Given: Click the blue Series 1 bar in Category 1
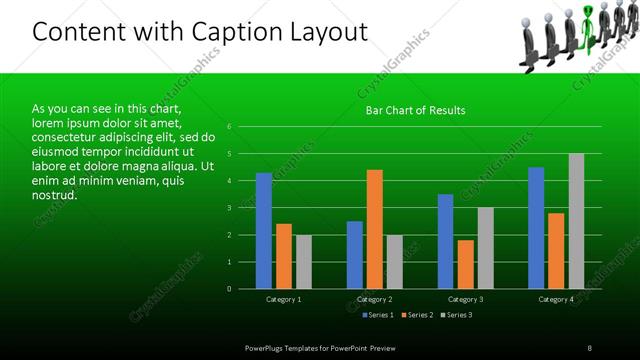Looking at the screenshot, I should (x=264, y=231).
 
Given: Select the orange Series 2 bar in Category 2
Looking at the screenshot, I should (x=375, y=229).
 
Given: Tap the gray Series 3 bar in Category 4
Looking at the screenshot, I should (x=576, y=221).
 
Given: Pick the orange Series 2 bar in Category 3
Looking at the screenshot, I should (x=465, y=264).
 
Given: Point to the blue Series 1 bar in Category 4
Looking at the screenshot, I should (x=536, y=228).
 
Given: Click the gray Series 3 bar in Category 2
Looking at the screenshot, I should (x=394, y=262).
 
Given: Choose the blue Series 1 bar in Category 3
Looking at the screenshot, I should (x=446, y=241).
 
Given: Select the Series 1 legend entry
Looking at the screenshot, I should (x=377, y=315).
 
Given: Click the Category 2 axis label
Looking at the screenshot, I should (x=375, y=299).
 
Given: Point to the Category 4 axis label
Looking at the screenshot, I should (x=556, y=299).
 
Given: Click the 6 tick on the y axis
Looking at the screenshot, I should (x=230, y=127).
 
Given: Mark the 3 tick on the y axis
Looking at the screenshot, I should (x=230, y=208).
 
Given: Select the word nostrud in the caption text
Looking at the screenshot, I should (x=54, y=195).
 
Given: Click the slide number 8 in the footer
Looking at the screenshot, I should (x=590, y=346).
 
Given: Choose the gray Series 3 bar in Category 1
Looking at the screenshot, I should (x=303, y=262).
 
